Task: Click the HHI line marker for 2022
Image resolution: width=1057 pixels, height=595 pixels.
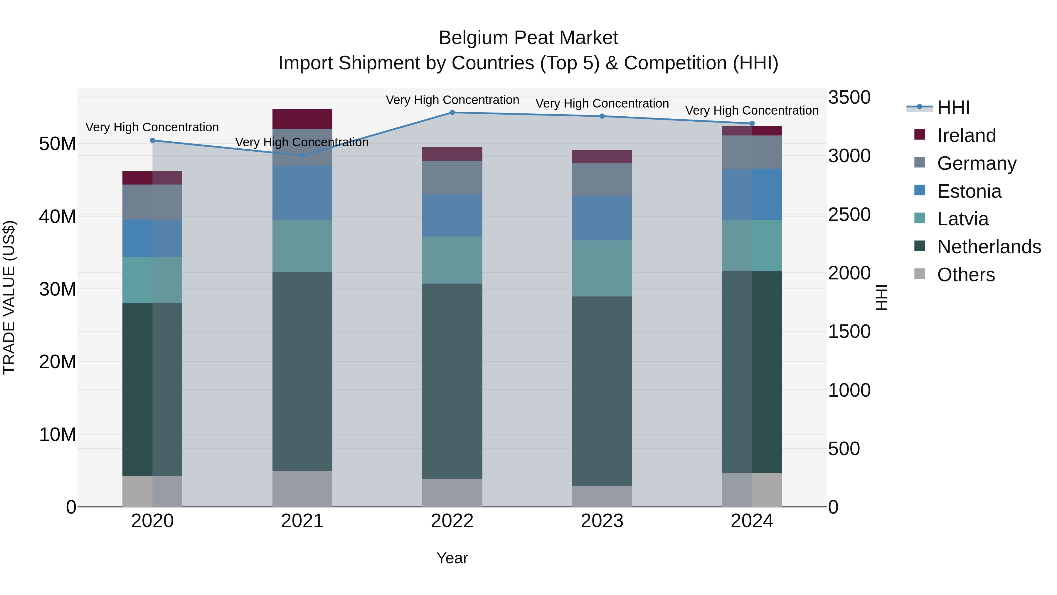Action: (x=452, y=113)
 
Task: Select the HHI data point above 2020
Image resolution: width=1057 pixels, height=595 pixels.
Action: (x=153, y=140)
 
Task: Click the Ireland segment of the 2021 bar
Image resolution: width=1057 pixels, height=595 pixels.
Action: (x=302, y=119)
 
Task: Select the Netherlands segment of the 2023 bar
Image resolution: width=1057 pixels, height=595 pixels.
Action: (x=602, y=391)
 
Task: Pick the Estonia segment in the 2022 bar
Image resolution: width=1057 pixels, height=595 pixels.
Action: (x=452, y=216)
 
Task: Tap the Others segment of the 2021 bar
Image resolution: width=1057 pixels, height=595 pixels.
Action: (x=302, y=489)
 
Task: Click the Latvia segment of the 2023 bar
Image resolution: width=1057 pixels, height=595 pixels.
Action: (x=602, y=268)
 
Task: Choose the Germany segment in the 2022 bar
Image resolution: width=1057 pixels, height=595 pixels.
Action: (x=452, y=178)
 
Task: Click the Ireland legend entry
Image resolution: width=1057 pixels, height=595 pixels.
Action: (x=966, y=135)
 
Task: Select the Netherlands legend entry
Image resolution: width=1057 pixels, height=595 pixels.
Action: (x=989, y=247)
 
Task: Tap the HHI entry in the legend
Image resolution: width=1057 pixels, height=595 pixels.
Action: (x=953, y=108)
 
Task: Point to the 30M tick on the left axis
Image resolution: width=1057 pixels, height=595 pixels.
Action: (x=58, y=289)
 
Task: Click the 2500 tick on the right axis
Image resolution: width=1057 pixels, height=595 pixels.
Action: (x=849, y=215)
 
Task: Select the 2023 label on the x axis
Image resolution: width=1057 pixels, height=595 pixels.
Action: (x=602, y=521)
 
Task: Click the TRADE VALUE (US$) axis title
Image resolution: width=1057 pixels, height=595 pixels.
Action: (x=9, y=297)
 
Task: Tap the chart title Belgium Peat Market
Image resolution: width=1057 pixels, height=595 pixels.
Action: (x=528, y=38)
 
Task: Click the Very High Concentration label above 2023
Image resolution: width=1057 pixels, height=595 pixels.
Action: (x=602, y=103)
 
